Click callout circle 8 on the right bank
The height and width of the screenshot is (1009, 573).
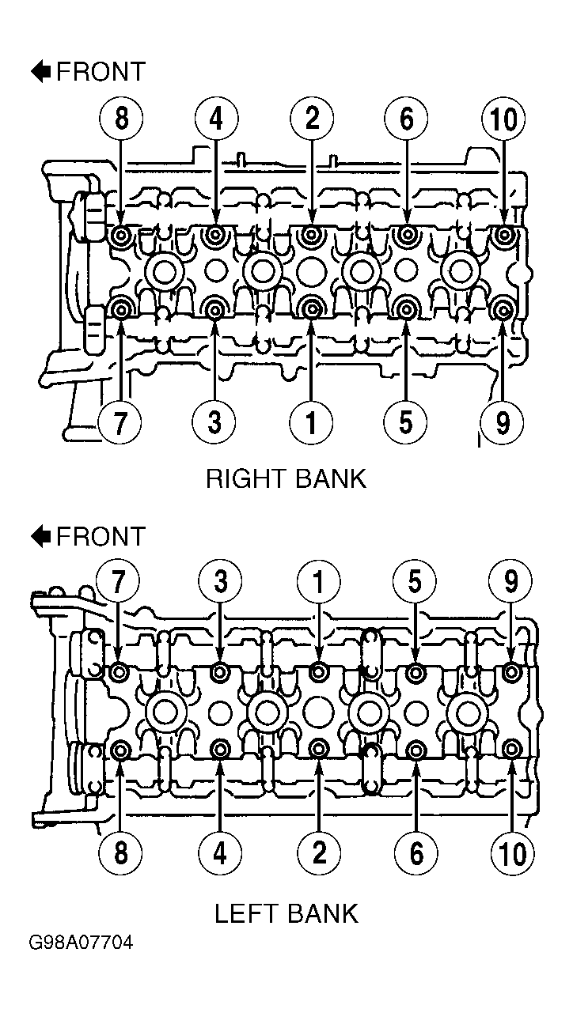(121, 119)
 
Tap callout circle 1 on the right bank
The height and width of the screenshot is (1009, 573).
(311, 422)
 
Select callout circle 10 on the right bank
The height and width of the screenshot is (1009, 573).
(503, 119)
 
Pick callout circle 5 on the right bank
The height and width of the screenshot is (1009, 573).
(406, 422)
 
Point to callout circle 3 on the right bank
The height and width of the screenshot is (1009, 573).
(214, 422)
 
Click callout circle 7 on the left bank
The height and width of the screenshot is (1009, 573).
(118, 581)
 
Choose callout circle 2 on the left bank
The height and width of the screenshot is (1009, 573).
(319, 852)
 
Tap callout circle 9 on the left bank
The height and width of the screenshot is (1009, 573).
(510, 581)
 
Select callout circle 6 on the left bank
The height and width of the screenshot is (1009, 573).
(416, 852)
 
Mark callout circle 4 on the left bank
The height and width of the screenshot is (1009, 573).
(219, 852)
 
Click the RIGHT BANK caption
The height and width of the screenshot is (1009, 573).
(286, 479)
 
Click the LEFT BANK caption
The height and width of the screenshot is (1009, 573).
(286, 913)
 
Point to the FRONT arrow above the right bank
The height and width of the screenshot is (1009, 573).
(40, 71)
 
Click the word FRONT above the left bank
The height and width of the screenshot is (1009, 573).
(101, 536)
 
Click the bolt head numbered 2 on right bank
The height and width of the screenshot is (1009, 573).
(311, 234)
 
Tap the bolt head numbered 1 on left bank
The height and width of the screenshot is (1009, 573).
(319, 672)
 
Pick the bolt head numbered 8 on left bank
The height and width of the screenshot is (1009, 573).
(120, 750)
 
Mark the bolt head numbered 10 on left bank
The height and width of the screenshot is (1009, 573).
(511, 749)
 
